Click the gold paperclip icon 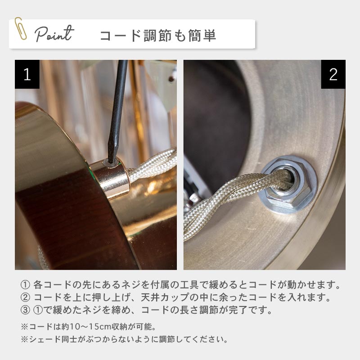[x=20, y=28]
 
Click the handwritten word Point [x=54, y=34]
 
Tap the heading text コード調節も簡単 [x=158, y=36]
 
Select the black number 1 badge [x=27, y=74]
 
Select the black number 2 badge [x=333, y=74]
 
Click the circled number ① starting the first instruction [x=25, y=285]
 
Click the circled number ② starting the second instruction [x=25, y=297]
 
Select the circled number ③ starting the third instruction [x=25, y=310]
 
